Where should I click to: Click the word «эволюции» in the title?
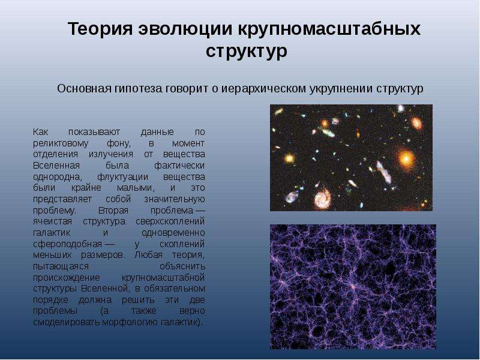click(x=185, y=29)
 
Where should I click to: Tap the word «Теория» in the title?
click(x=100, y=29)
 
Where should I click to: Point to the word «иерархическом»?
click(x=264, y=89)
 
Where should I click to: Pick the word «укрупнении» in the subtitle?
click(x=341, y=89)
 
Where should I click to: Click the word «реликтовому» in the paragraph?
click(x=61, y=143)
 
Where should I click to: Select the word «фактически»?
click(x=179, y=166)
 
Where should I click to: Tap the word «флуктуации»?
click(x=123, y=177)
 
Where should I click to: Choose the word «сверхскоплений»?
click(x=170, y=221)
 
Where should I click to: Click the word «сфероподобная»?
click(x=67, y=244)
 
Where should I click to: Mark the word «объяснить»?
click(x=182, y=266)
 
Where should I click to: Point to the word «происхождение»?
click(x=67, y=277)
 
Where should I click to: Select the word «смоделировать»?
click(x=67, y=322)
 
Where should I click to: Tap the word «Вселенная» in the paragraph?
click(x=56, y=166)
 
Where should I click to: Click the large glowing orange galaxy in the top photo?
click(x=406, y=158)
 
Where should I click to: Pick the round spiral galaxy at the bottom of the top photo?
click(x=323, y=199)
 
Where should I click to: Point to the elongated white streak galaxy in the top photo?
click(x=384, y=172)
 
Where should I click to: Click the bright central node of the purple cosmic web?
click(x=353, y=287)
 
